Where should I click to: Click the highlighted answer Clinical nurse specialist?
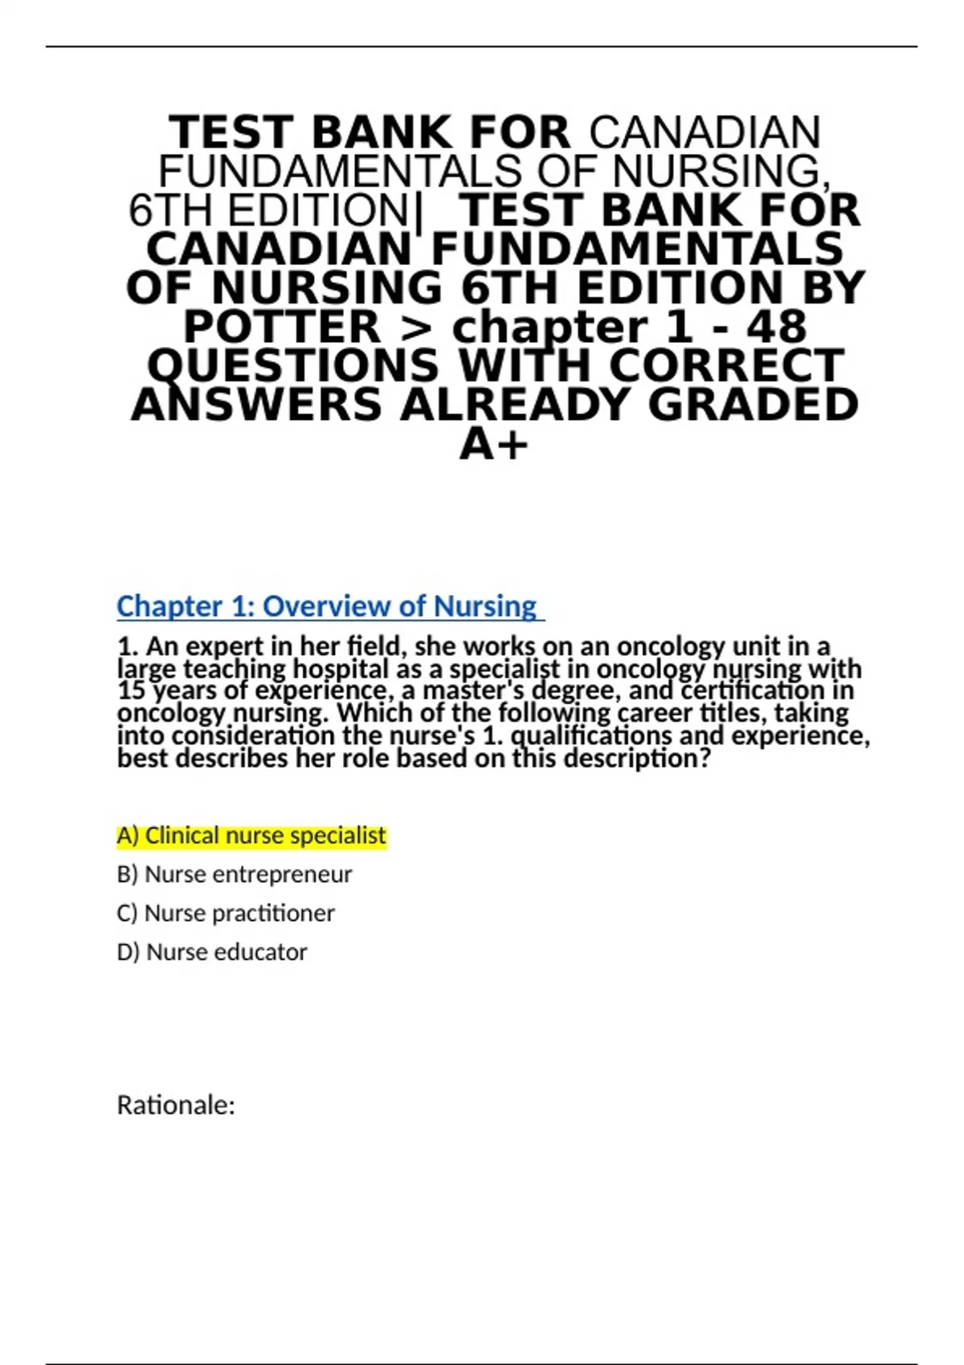click(x=251, y=836)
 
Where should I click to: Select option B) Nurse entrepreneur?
click(x=234, y=874)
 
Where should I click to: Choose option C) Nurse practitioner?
click(x=225, y=913)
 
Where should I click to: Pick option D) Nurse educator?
click(x=211, y=952)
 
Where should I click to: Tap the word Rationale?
click(x=176, y=1106)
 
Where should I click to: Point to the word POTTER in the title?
click(x=282, y=328)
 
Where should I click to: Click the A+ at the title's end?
click(x=493, y=444)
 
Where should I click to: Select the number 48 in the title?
click(x=776, y=328)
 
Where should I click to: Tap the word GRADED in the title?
click(x=753, y=405)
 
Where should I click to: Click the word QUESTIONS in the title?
click(x=293, y=366)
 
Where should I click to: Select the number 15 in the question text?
click(x=131, y=691)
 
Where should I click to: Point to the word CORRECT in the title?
click(x=726, y=366)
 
